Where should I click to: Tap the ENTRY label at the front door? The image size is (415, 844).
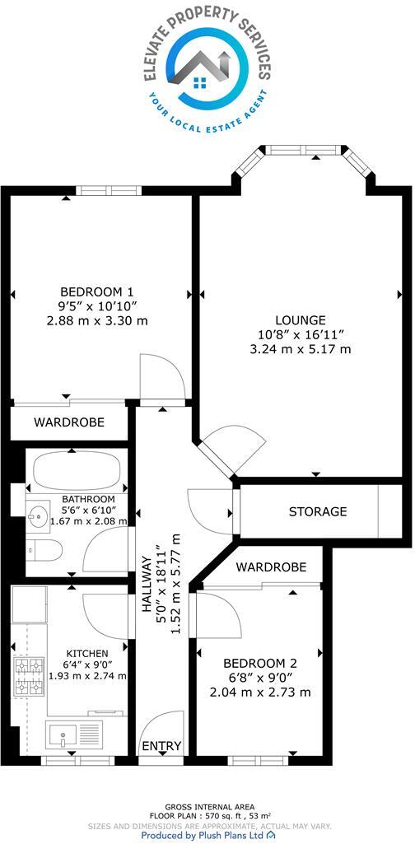[x=161, y=746]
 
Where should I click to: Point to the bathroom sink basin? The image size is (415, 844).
[x=38, y=519]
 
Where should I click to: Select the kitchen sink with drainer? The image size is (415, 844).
[x=74, y=732]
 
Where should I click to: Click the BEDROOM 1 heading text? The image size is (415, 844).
[x=96, y=291]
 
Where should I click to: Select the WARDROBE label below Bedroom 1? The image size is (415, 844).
[x=69, y=422]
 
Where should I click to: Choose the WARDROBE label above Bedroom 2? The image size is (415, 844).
[x=271, y=567]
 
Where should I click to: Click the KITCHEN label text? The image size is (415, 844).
[x=87, y=653]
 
